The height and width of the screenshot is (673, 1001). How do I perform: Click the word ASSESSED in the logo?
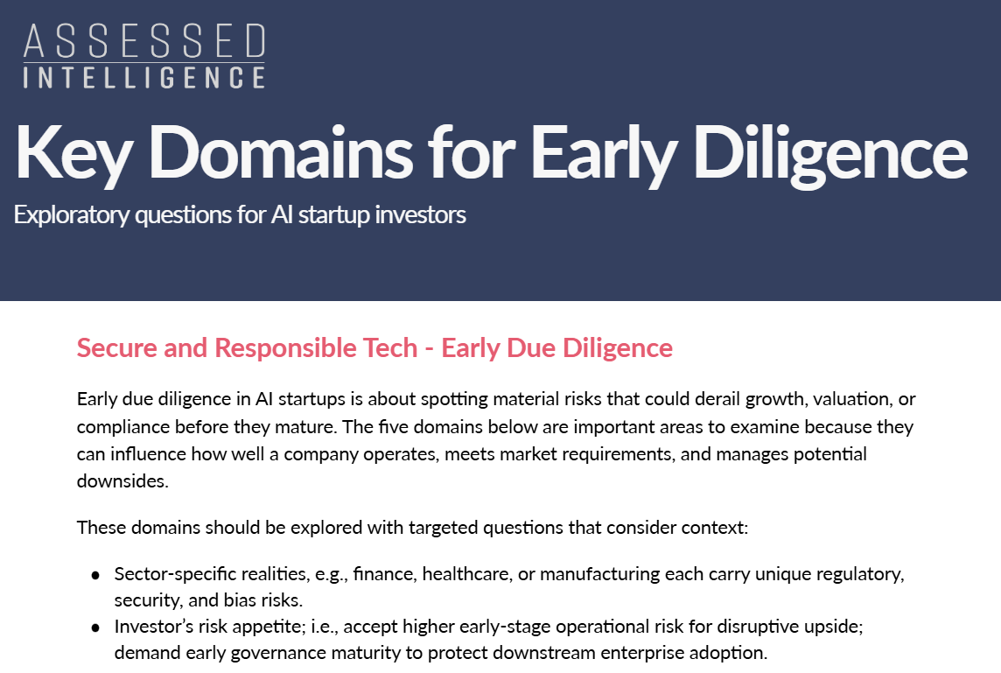tap(144, 41)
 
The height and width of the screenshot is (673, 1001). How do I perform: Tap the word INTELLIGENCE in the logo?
tap(144, 77)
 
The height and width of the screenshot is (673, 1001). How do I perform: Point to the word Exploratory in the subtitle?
tap(72, 215)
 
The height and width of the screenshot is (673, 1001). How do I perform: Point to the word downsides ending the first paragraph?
tap(122, 480)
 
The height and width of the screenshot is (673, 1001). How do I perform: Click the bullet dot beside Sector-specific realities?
tap(95, 575)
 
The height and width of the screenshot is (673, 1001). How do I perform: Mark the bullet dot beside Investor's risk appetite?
tap(95, 627)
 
